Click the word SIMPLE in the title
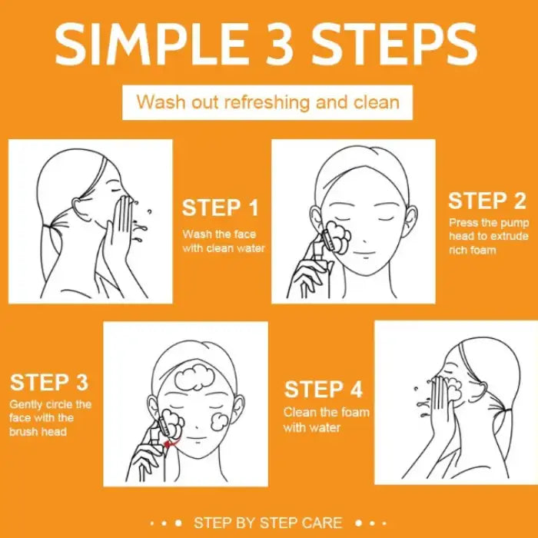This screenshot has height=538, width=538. (x=151, y=44)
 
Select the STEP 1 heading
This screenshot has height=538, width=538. (x=220, y=208)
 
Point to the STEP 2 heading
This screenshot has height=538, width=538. (x=487, y=201)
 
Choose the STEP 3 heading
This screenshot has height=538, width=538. (x=49, y=382)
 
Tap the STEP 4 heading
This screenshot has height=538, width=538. (x=324, y=390)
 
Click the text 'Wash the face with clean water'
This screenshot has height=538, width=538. (x=224, y=241)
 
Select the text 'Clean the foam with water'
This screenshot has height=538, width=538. (x=327, y=420)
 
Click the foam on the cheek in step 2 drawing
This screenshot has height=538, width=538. (x=338, y=237)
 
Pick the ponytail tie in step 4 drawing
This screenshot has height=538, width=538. (x=507, y=410)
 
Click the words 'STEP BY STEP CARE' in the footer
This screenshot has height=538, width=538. (x=268, y=523)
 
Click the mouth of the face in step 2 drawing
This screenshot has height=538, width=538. (x=365, y=254)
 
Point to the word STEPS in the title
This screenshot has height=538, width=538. (x=394, y=44)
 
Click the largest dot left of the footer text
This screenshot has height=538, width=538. (x=178, y=523)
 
